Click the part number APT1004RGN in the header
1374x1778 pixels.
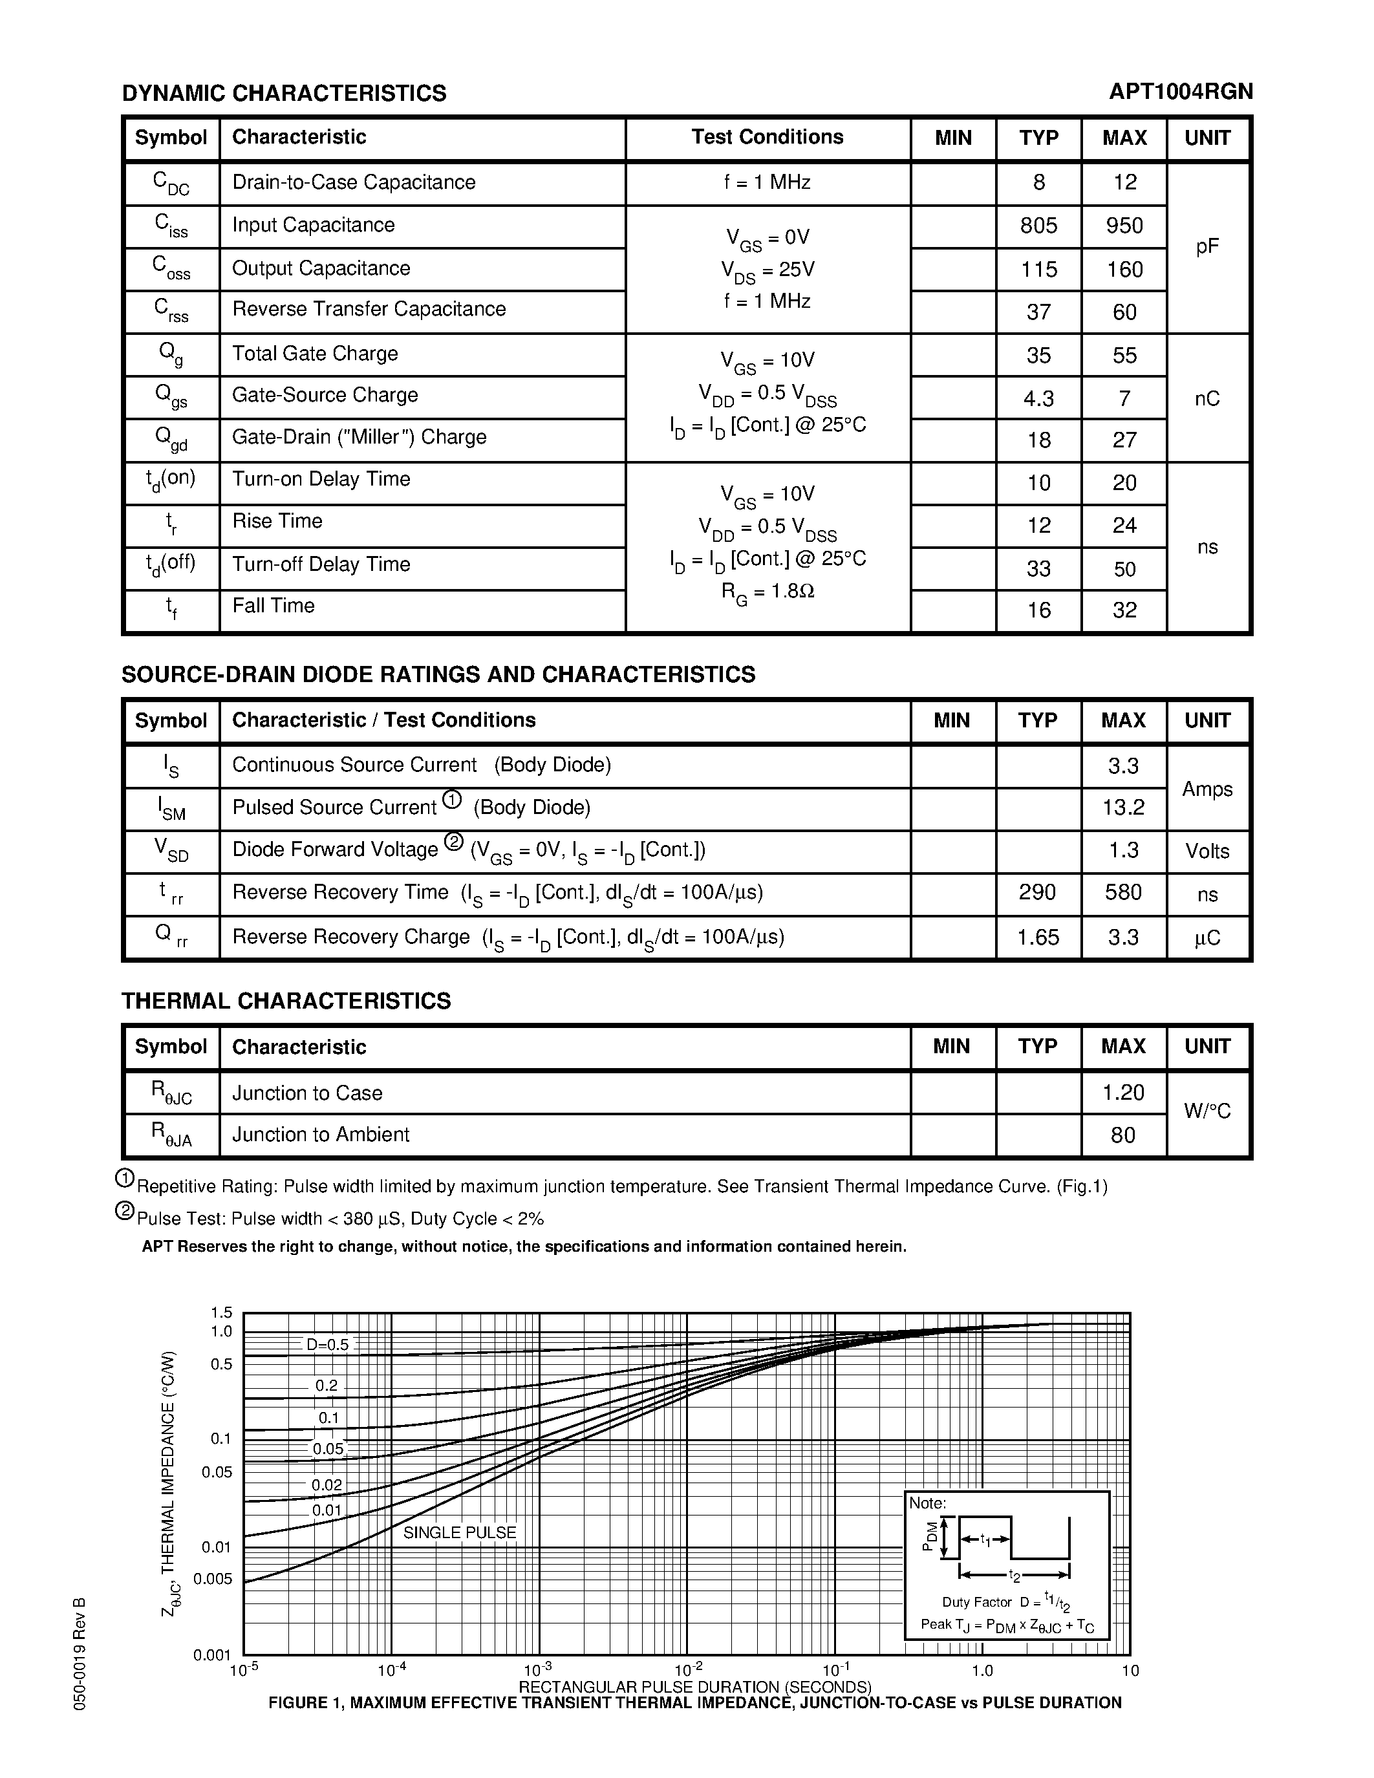tap(1180, 91)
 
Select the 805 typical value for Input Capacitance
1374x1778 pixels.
tap(1038, 226)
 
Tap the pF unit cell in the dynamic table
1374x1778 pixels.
tap(1207, 247)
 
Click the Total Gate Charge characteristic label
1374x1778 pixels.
tap(315, 353)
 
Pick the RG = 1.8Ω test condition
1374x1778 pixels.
tap(767, 592)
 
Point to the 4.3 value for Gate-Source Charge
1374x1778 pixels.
tap(1038, 399)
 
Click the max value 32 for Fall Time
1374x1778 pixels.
tap(1124, 610)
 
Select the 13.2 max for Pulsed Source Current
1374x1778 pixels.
tap(1123, 808)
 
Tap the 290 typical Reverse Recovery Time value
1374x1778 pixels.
tap(1038, 893)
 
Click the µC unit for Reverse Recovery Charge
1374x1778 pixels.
tap(1207, 938)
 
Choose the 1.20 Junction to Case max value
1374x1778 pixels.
tap(1123, 1093)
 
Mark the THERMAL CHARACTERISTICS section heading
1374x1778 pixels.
tap(286, 1001)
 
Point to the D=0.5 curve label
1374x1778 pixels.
tap(327, 1345)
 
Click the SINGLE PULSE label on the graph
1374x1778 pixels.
tap(460, 1533)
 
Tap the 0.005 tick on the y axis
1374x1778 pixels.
tap(213, 1580)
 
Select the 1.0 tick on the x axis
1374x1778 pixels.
tap(982, 1671)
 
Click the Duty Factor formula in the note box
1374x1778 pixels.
tap(1006, 1602)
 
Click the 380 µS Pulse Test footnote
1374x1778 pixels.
tap(340, 1219)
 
